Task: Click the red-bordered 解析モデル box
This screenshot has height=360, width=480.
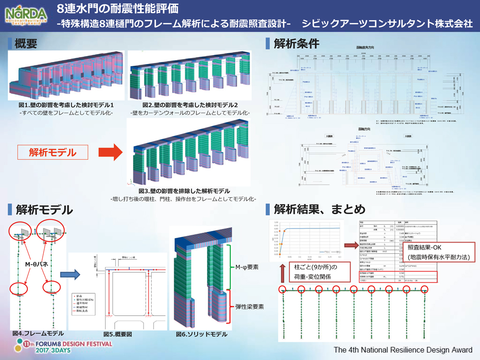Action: (52, 153)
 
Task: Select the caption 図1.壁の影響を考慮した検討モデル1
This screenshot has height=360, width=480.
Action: (66, 105)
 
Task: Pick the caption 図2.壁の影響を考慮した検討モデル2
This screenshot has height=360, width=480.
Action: (190, 105)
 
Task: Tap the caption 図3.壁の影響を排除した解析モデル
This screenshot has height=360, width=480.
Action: (190, 191)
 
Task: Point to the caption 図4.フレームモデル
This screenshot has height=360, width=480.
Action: (38, 333)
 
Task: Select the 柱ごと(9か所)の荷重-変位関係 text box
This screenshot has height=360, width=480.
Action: (308, 272)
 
